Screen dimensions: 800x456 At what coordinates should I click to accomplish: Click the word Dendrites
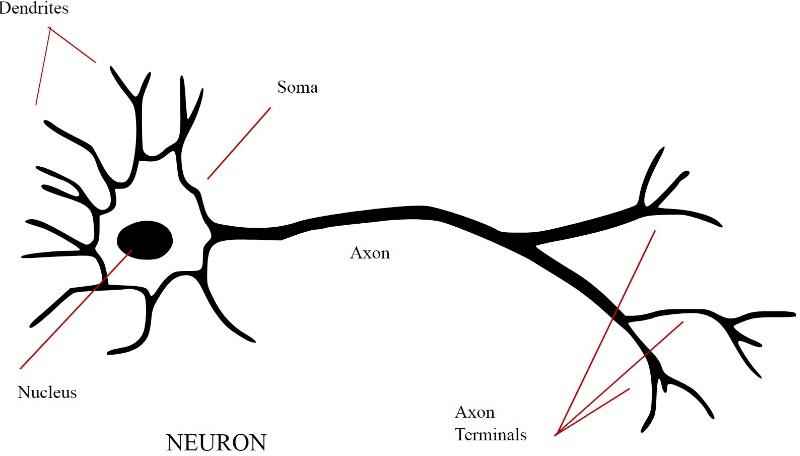(x=34, y=8)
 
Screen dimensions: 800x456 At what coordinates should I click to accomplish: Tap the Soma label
(x=297, y=87)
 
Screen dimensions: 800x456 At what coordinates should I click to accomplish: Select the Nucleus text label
(x=47, y=392)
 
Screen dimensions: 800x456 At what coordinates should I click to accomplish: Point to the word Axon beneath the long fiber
(x=370, y=252)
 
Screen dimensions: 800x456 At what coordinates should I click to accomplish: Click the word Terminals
(x=490, y=434)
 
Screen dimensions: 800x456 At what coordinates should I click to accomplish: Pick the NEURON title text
(x=216, y=442)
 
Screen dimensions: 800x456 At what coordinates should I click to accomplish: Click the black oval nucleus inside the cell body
(x=145, y=239)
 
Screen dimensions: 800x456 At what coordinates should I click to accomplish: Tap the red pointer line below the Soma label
(x=239, y=143)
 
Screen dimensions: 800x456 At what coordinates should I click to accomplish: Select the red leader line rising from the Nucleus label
(x=76, y=309)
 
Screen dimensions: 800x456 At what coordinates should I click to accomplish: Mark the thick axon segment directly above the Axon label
(x=370, y=217)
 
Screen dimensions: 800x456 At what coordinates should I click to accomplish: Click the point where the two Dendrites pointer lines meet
(x=49, y=28)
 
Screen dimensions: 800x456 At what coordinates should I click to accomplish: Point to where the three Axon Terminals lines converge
(x=557, y=435)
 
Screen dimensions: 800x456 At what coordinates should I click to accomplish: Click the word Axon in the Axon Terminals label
(x=474, y=412)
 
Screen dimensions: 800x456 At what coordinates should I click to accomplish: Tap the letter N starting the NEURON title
(x=174, y=442)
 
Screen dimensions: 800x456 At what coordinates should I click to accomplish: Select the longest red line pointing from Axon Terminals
(x=606, y=332)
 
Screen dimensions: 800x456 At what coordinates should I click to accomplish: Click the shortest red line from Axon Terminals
(x=593, y=411)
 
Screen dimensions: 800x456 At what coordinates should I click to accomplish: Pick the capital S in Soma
(x=283, y=87)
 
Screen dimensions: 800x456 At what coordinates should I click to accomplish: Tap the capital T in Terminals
(x=460, y=434)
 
